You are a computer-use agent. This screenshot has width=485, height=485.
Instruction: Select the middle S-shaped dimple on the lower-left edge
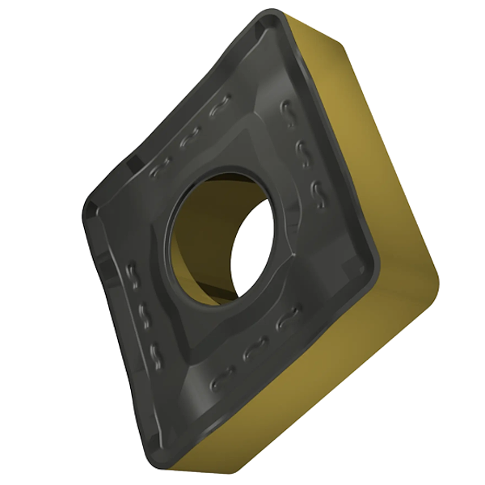click(x=144, y=316)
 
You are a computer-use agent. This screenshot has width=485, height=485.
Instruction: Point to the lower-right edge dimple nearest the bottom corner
click(x=219, y=380)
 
